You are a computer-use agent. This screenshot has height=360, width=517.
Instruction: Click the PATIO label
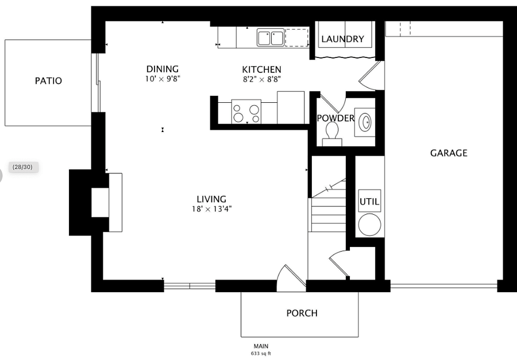48,81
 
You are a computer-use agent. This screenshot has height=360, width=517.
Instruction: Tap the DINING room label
163,69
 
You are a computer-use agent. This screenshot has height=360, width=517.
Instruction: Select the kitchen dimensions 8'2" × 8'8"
262,79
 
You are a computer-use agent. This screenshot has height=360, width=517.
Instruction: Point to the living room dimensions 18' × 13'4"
211,208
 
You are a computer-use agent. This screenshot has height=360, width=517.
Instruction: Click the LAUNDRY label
343,39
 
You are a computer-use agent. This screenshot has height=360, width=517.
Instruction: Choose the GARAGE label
449,153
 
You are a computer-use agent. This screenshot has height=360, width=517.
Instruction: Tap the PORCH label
302,313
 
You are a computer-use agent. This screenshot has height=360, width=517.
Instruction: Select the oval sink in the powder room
365,122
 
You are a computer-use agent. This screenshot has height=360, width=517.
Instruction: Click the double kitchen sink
271,37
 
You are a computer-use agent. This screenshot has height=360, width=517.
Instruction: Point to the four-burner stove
246,112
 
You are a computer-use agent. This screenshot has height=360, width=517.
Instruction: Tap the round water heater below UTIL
369,225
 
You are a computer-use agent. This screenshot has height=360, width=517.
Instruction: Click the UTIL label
369,201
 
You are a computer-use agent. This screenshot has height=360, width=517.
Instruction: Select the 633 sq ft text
261,354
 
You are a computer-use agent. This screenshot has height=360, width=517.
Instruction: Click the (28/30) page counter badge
23,167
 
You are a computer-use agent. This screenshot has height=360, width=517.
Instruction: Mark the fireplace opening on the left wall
100,203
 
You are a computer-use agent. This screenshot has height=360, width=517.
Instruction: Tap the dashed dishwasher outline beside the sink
297,37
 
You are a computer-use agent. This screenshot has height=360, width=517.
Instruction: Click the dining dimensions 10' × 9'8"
163,79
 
